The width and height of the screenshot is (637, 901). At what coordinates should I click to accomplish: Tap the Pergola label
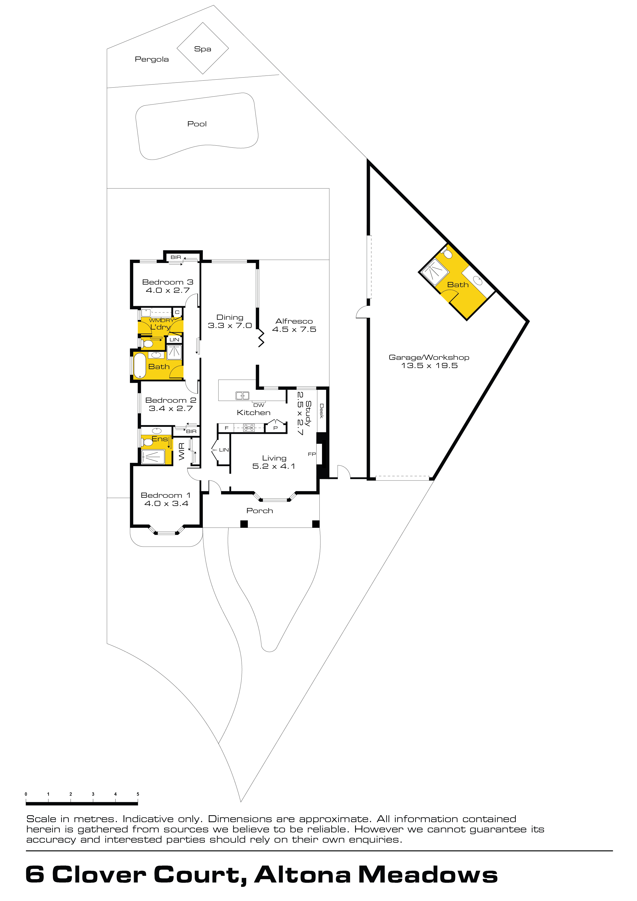152,59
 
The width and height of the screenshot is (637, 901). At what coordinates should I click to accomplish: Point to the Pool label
197,124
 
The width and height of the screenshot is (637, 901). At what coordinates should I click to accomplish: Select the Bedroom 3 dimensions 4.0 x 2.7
168,290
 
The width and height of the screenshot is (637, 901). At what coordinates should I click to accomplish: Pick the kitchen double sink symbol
242,396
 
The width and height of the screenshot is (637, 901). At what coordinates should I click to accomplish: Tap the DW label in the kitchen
259,405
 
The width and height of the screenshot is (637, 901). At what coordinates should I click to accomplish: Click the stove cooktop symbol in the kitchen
249,428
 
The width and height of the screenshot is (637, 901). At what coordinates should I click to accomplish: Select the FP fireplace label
312,454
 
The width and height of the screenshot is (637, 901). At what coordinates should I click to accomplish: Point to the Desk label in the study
322,411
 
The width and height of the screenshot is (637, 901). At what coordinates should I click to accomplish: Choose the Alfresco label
294,321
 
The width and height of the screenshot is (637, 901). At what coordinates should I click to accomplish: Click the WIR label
182,451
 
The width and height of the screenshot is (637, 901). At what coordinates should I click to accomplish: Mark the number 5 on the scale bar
138,794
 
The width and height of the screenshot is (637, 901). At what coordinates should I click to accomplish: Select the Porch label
260,511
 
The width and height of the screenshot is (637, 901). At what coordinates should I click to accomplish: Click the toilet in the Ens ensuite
147,442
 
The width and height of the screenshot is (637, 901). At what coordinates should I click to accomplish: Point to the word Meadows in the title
428,875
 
